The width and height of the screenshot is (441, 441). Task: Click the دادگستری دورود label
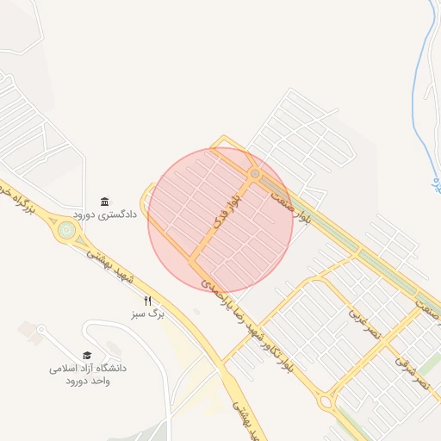click(106, 214)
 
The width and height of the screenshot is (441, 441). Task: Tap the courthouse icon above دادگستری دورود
click(105, 201)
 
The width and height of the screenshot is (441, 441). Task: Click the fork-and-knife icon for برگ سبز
click(148, 301)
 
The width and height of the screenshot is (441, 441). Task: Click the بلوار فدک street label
click(227, 213)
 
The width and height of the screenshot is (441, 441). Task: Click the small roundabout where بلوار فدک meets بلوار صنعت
click(254, 175)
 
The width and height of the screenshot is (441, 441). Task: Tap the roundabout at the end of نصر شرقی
click(326, 401)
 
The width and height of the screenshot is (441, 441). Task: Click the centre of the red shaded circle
click(221, 220)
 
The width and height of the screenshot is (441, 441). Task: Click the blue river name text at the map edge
click(436, 183)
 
